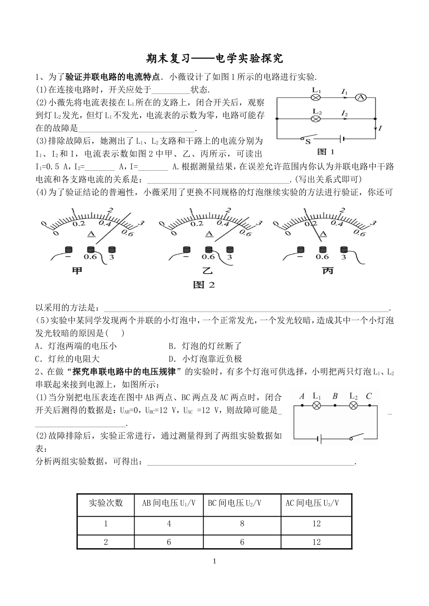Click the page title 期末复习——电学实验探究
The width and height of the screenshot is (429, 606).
pos(215,58)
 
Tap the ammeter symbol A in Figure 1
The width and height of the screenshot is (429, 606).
pos(360,97)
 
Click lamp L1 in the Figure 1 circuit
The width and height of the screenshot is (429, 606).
pos(317,97)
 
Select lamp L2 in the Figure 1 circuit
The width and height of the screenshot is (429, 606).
pos(317,118)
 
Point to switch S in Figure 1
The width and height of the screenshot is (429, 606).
pos(310,138)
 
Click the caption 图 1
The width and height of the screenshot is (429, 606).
pos(326,152)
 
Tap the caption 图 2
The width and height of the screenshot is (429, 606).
pos(204,285)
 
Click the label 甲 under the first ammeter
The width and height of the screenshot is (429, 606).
pos(78,271)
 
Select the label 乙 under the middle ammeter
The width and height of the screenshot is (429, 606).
pos(207,271)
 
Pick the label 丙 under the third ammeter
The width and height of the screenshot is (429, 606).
pos(328,271)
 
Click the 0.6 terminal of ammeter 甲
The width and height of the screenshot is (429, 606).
pos(91,250)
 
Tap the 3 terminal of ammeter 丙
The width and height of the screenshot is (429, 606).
pos(344,250)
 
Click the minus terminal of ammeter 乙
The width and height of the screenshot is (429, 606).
pos(185,250)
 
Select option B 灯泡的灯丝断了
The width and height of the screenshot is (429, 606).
pos(205,346)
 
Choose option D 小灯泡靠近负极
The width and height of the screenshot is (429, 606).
pos(205,359)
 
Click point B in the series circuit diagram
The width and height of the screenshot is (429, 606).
pos(335,405)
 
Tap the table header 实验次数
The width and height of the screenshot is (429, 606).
pos(106,503)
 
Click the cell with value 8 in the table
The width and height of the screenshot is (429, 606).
pos(242,524)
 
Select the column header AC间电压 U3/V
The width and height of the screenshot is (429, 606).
pos(312,503)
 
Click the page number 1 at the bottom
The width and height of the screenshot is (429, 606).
pos(214,561)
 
